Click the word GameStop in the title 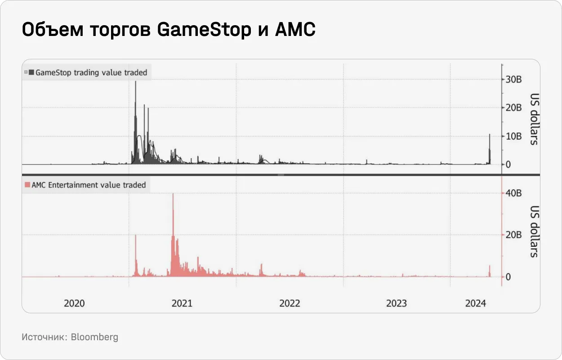(x=204, y=30)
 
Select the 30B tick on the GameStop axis (x=513, y=80)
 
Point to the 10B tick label (x=513, y=136)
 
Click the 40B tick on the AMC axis (x=513, y=193)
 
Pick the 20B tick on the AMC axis (x=513, y=235)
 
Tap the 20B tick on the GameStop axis (x=513, y=108)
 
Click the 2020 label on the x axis (x=74, y=303)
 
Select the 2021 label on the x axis (x=182, y=303)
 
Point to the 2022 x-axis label (x=290, y=303)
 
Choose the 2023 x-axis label (x=397, y=303)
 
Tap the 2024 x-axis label (x=476, y=303)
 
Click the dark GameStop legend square (x=31, y=72)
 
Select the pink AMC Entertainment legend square (x=27, y=185)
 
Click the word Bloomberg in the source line (x=94, y=337)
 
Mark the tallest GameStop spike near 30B (x=135, y=90)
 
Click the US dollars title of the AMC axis (x=534, y=232)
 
